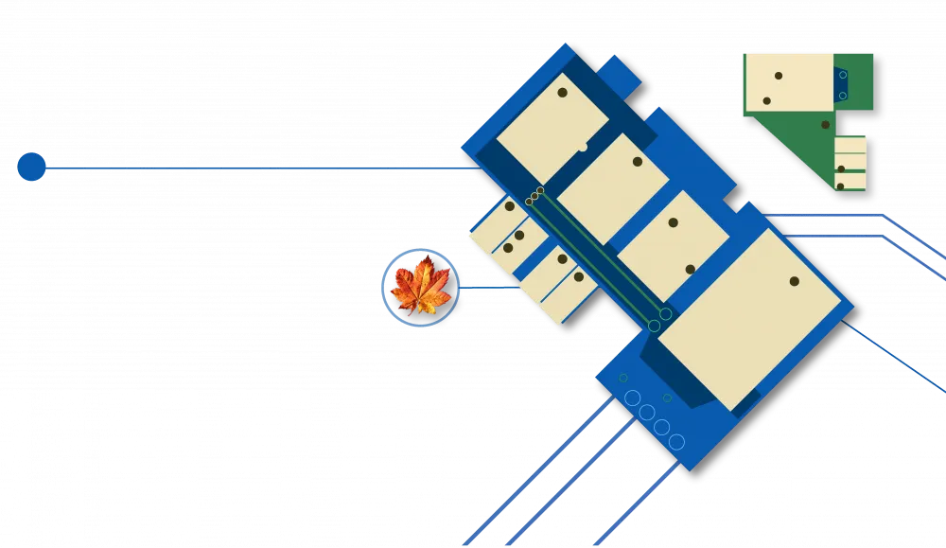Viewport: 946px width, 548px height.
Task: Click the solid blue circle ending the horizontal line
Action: coord(31,167)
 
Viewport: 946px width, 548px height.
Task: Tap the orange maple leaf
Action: coord(420,287)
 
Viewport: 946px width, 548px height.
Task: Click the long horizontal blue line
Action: coord(255,168)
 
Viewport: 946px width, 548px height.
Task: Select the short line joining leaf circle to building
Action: coord(487,284)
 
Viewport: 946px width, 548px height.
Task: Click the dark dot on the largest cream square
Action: coord(794,281)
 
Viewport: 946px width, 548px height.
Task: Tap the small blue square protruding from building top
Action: coord(619,76)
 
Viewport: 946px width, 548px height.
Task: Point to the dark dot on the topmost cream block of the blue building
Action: coord(562,93)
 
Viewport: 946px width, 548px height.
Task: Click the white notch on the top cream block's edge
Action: coord(583,147)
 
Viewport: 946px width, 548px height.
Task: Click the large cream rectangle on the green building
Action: coord(789,81)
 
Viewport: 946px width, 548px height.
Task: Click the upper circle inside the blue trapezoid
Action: coord(843,75)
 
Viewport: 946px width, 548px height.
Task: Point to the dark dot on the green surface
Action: coord(825,125)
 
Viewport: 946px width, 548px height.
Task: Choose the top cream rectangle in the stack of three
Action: coord(850,145)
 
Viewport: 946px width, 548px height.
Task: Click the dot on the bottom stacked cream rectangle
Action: coord(840,186)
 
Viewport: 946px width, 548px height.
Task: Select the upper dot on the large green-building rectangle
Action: coord(779,76)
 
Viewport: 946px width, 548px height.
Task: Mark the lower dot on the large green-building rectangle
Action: coord(766,100)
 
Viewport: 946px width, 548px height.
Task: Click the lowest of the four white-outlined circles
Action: coord(676,442)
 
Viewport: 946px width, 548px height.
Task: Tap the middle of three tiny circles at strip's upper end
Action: coord(534,196)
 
